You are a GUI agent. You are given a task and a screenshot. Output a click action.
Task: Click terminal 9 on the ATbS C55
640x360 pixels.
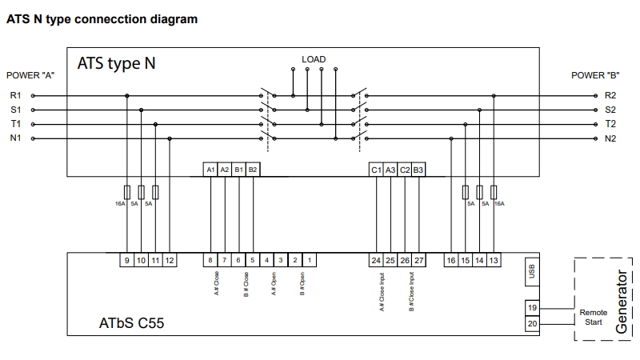point(127,260)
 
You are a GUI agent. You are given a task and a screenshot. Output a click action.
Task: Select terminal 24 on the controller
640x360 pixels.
point(376,260)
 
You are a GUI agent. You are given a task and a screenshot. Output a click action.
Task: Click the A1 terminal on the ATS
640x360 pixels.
point(210,170)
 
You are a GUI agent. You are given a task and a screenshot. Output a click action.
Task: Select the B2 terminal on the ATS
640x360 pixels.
point(253,170)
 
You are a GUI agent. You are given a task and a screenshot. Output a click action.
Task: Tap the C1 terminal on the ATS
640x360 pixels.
point(376,170)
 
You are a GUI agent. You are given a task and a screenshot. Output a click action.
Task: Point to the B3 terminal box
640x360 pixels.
point(418,170)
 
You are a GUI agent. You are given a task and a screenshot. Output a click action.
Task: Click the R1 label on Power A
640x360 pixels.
point(15,95)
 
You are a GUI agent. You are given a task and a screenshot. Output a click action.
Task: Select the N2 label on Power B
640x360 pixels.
point(610,138)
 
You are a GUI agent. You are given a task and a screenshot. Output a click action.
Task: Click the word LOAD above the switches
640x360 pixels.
point(314,59)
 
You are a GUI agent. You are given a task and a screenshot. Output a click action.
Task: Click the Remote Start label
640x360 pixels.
point(593,317)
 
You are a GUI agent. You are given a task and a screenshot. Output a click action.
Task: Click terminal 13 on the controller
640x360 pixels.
point(494,260)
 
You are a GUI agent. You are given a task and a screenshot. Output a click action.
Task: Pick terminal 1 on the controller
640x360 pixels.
point(310,260)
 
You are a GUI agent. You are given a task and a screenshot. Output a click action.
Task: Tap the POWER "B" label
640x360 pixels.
point(595,75)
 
